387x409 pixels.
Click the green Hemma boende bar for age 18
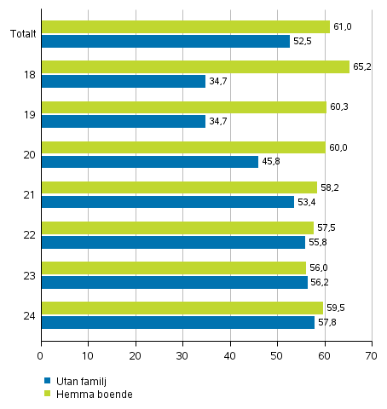coord(194,66)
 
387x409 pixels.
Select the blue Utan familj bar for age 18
coord(123,81)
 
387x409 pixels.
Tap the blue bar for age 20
coord(149,161)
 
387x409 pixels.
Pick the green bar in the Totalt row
coord(185,26)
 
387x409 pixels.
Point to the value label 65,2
coord(362,66)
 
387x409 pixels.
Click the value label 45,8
coord(271,161)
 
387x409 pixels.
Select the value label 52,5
coord(303,41)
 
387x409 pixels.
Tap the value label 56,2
coord(321,282)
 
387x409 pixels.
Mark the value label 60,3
coord(339,107)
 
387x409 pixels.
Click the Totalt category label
coord(23,34)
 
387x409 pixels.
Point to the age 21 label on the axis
coord(28,195)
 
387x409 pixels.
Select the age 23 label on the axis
coord(28,275)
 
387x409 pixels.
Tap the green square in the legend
coord(47,393)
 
